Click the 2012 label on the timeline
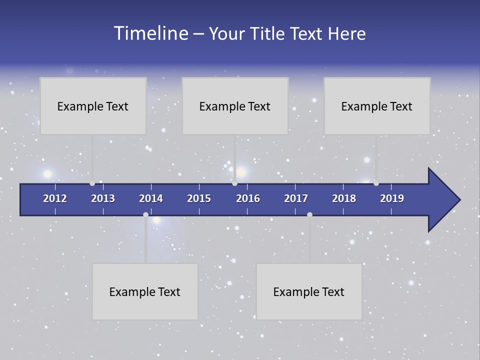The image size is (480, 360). [x=55, y=198]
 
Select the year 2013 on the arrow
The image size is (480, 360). [x=103, y=198]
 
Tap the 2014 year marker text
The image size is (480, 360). [x=151, y=198]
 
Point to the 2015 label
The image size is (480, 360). [x=199, y=198]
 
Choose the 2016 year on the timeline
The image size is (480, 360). [x=248, y=198]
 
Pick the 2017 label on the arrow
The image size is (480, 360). [x=296, y=198]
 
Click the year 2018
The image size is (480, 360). [x=344, y=198]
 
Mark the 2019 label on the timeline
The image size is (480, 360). [x=392, y=198]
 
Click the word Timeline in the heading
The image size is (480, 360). [x=150, y=33]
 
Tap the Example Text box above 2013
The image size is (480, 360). [x=93, y=106]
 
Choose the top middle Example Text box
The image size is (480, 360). [x=235, y=106]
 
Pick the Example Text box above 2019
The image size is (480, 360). [x=377, y=106]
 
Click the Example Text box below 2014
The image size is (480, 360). [x=145, y=291]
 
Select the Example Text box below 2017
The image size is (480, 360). [x=309, y=291]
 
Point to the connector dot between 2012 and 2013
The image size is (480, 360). [x=92, y=183]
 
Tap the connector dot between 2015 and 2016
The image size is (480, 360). [x=235, y=183]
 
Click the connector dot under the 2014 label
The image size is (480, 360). [x=145, y=214]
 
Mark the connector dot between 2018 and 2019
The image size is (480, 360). [x=376, y=183]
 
